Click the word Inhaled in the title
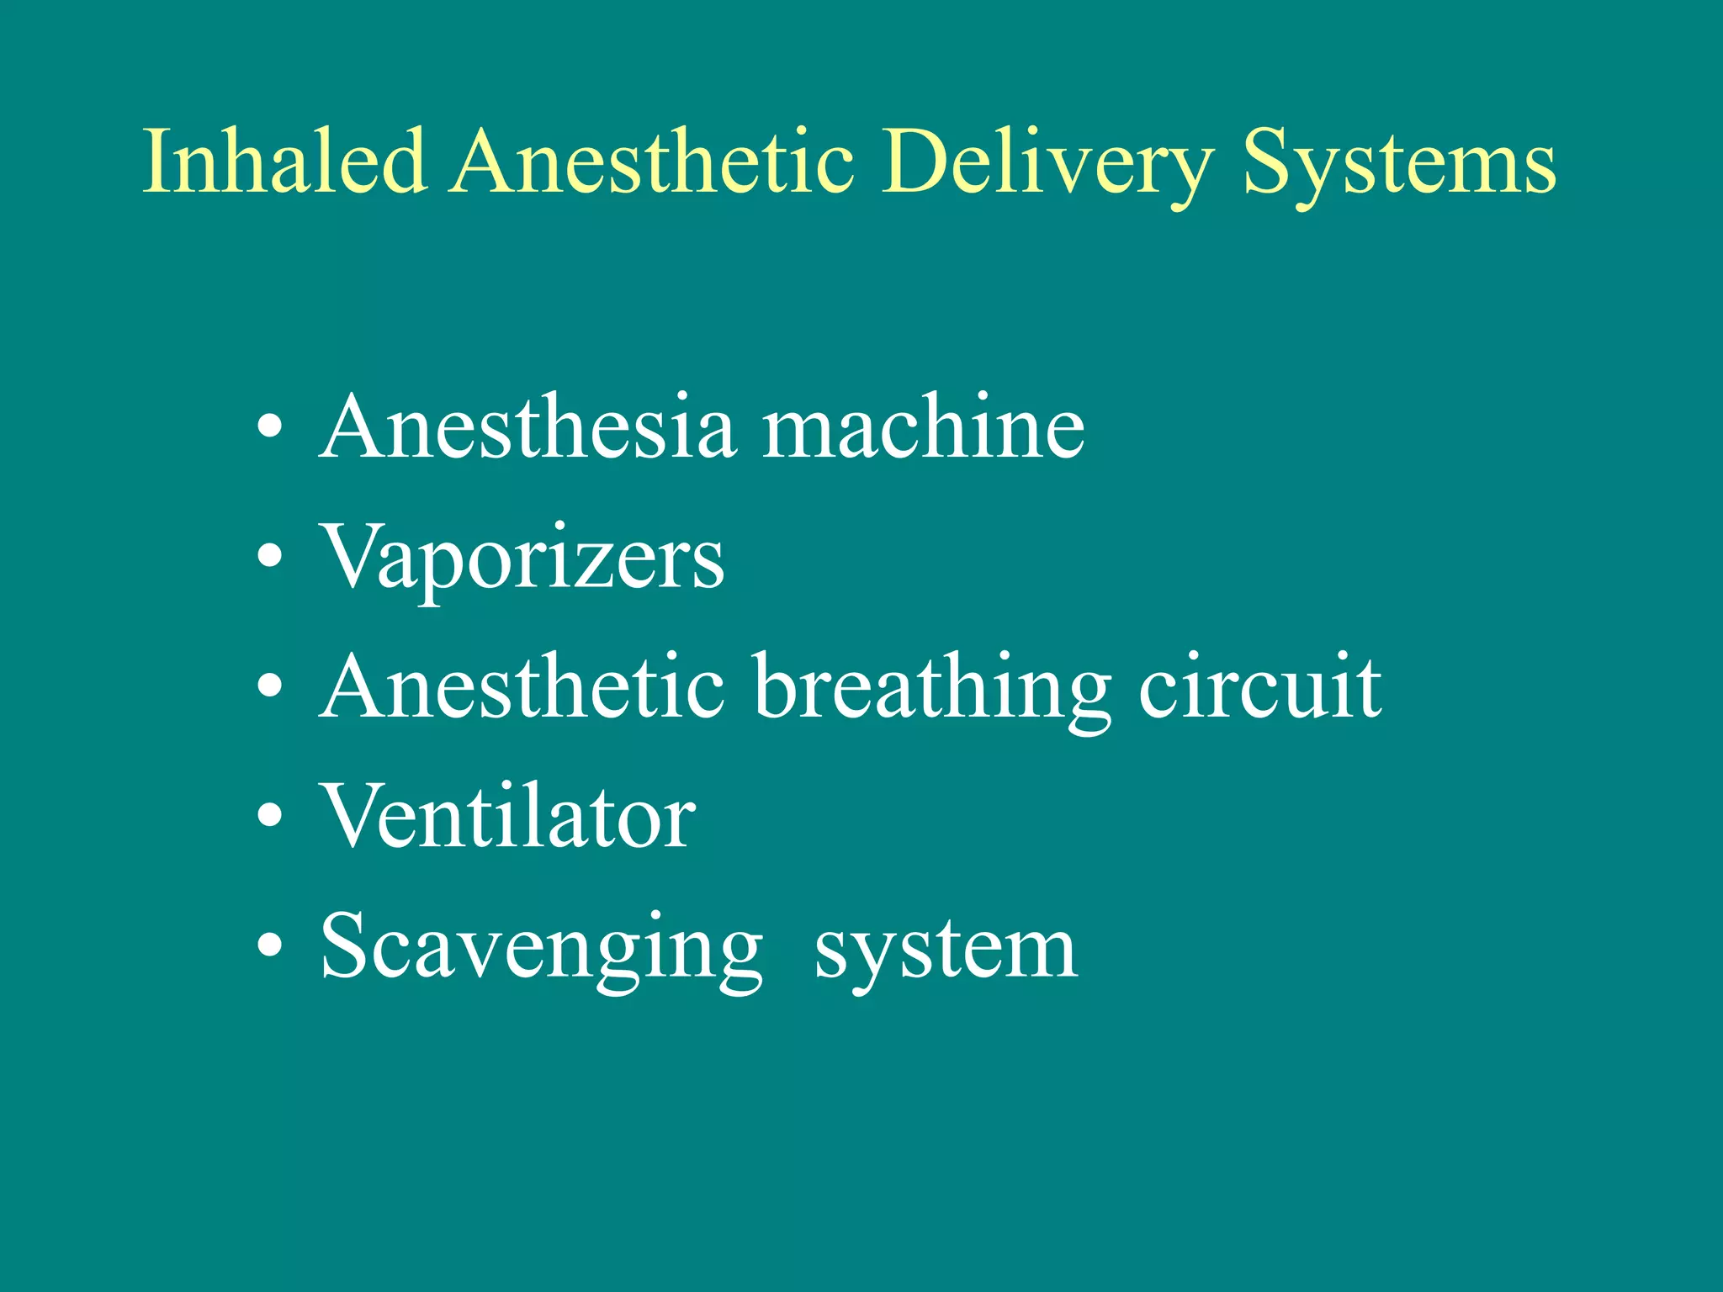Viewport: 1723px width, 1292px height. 284,161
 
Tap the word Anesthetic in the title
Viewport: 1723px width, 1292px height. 655,161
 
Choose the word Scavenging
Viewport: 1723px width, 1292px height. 542,950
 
